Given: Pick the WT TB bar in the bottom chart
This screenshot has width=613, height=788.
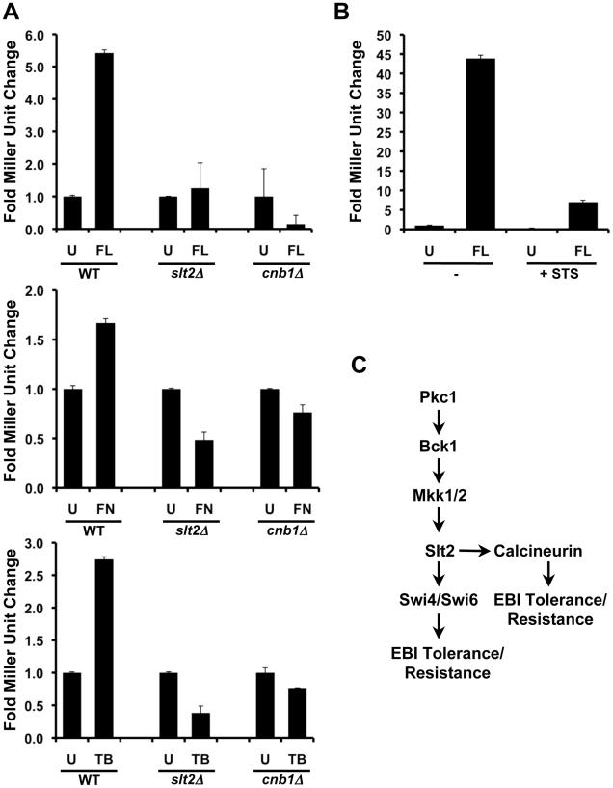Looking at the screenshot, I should [104, 648].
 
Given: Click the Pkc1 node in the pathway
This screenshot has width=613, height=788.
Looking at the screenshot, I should [439, 368].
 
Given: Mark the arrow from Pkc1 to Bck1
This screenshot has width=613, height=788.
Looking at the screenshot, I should [439, 394].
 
